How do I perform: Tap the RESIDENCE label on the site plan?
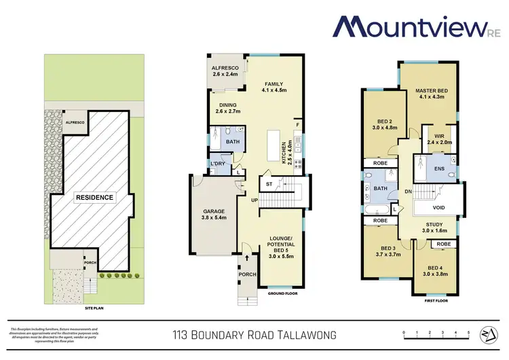pos(95,197)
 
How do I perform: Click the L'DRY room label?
pos(218,164)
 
